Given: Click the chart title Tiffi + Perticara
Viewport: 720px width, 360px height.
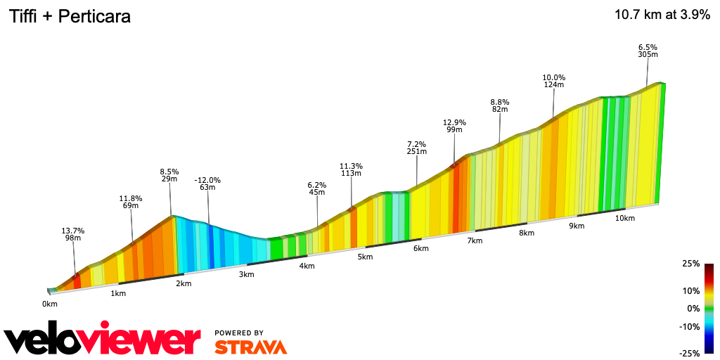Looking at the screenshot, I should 69,17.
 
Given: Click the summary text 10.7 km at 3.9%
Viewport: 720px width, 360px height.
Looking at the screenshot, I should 662,15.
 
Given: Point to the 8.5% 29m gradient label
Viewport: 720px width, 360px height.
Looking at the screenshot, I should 169,176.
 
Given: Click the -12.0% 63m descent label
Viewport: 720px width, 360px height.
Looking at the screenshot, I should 207,184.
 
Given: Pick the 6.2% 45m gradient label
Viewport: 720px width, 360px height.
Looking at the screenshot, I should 317,189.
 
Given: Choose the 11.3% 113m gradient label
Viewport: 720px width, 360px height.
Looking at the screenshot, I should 351,170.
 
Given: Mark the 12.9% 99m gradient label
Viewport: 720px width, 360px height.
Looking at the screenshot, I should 454,126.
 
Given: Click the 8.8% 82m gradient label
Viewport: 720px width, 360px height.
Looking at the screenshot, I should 500,105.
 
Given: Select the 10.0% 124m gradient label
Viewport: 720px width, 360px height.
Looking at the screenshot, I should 553,81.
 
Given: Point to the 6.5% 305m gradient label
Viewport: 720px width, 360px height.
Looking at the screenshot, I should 648,51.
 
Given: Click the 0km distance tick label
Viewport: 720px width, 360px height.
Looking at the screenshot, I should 49,304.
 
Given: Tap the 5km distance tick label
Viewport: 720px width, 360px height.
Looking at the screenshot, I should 364,257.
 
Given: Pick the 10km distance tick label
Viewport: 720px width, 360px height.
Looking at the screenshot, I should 624,218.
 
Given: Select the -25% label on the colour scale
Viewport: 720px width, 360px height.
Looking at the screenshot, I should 690,353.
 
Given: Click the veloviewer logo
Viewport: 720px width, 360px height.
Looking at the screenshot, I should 102,340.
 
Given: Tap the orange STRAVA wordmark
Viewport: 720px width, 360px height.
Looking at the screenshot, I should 250,347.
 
